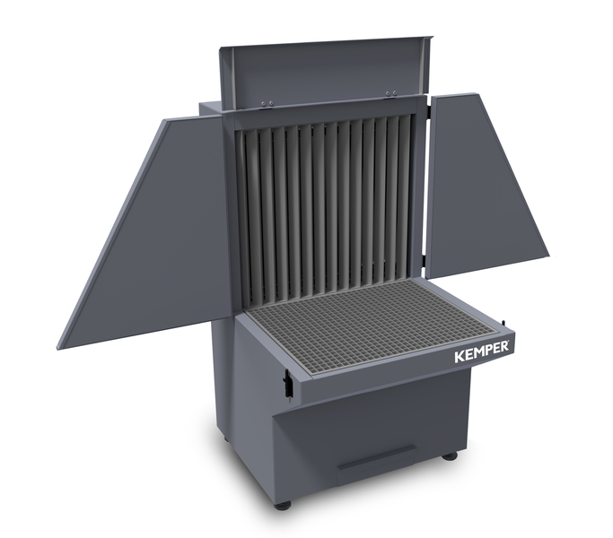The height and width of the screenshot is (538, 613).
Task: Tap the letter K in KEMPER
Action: [459, 358]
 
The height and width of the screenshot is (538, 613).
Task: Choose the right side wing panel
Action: [485, 184]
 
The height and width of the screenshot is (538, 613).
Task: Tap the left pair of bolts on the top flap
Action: [267, 103]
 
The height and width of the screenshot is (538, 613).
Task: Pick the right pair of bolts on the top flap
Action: [391, 93]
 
